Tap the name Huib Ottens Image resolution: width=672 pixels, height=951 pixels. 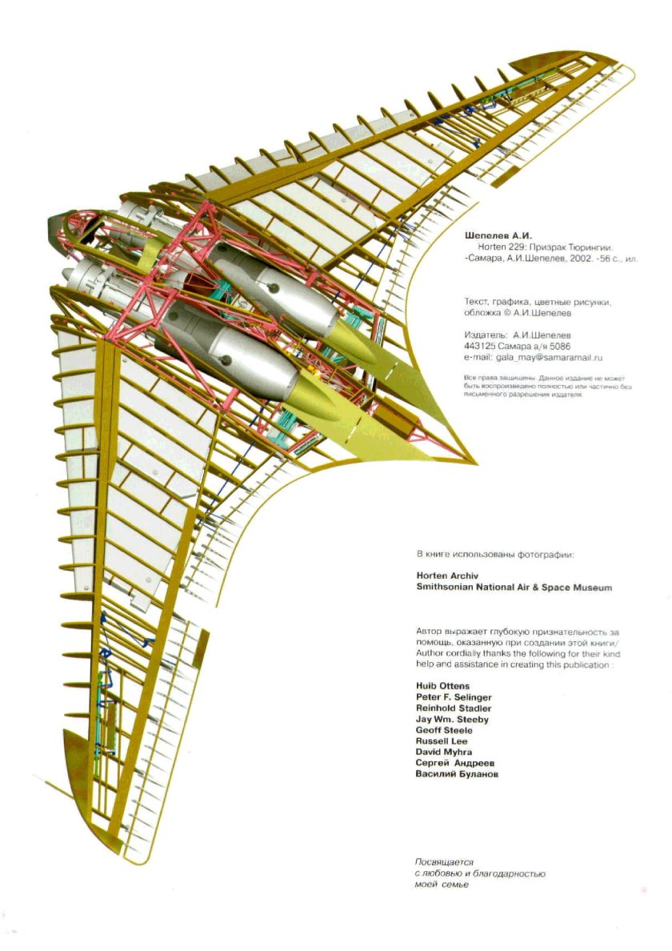(442, 687)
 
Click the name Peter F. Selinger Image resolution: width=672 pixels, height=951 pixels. (454, 698)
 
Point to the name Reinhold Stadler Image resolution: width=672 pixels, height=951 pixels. (454, 708)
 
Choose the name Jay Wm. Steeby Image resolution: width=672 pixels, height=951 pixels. (452, 720)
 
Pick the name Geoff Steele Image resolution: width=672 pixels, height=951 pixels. (444, 730)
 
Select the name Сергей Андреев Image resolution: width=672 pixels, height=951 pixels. (453, 764)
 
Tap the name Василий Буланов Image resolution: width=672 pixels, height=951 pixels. (457, 775)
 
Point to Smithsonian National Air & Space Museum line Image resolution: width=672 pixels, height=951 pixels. (514, 587)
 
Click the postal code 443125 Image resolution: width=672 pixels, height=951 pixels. (478, 346)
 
